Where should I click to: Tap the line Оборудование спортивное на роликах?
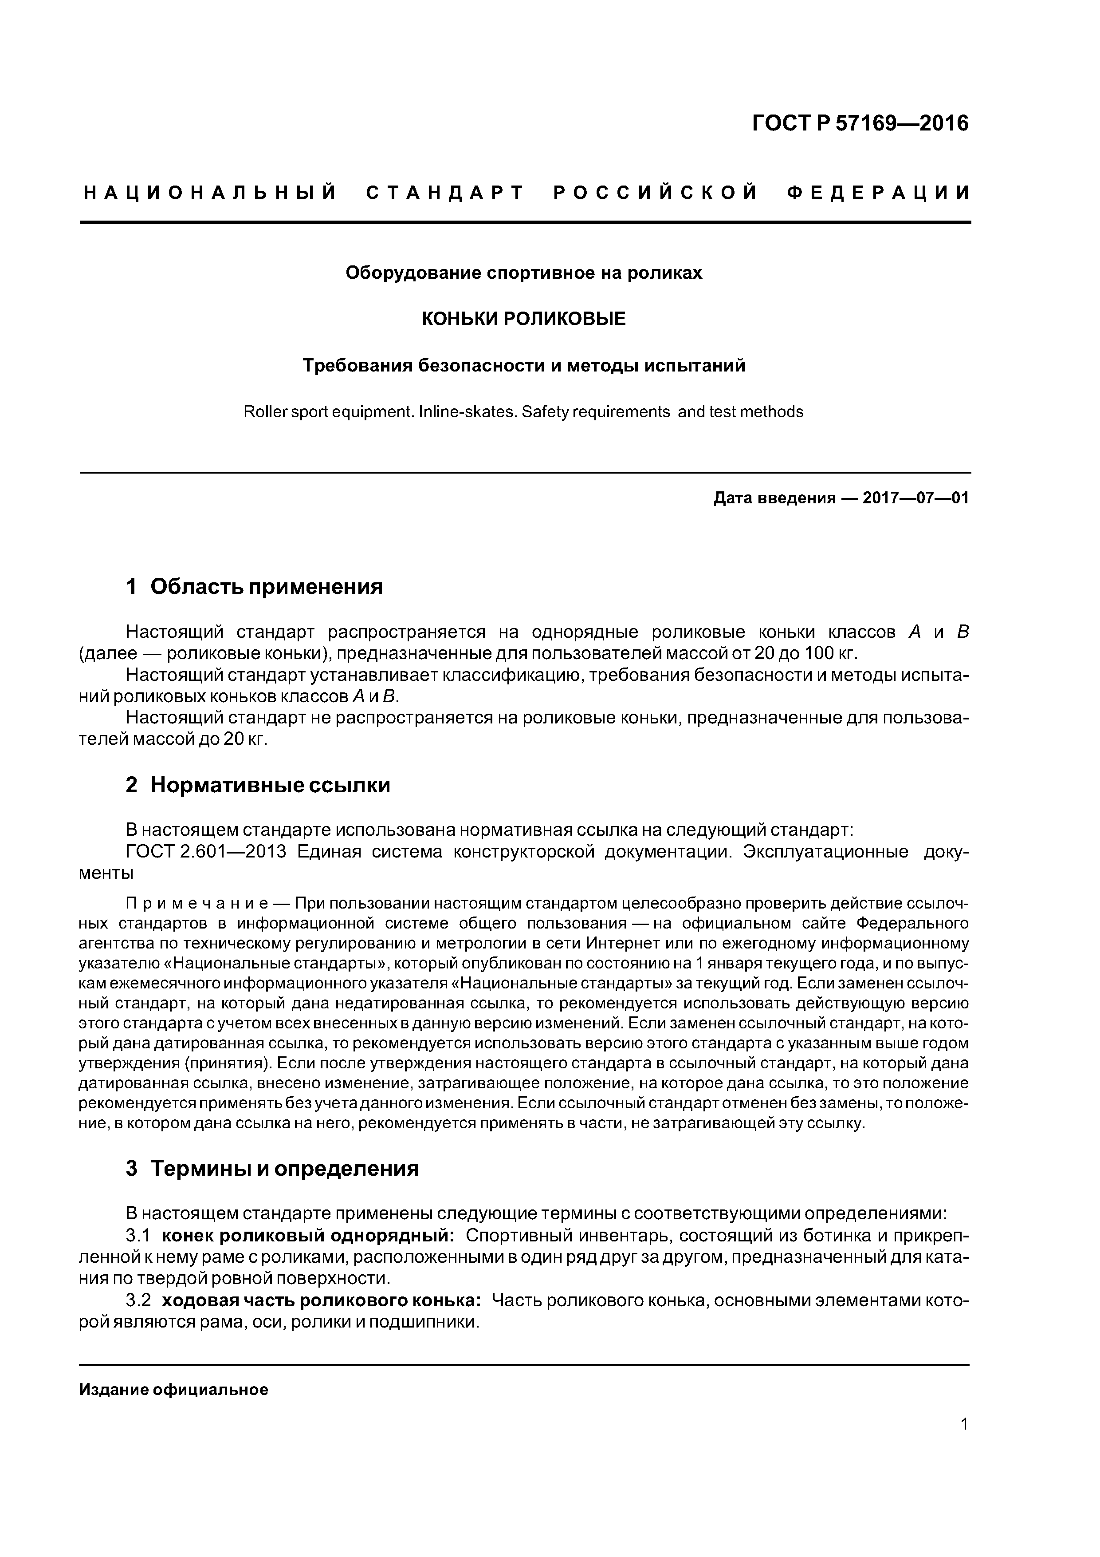coord(523,273)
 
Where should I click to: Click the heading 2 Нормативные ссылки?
coord(258,785)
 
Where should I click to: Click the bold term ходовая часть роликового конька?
coord(322,1300)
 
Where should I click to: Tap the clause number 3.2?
coord(137,1300)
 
